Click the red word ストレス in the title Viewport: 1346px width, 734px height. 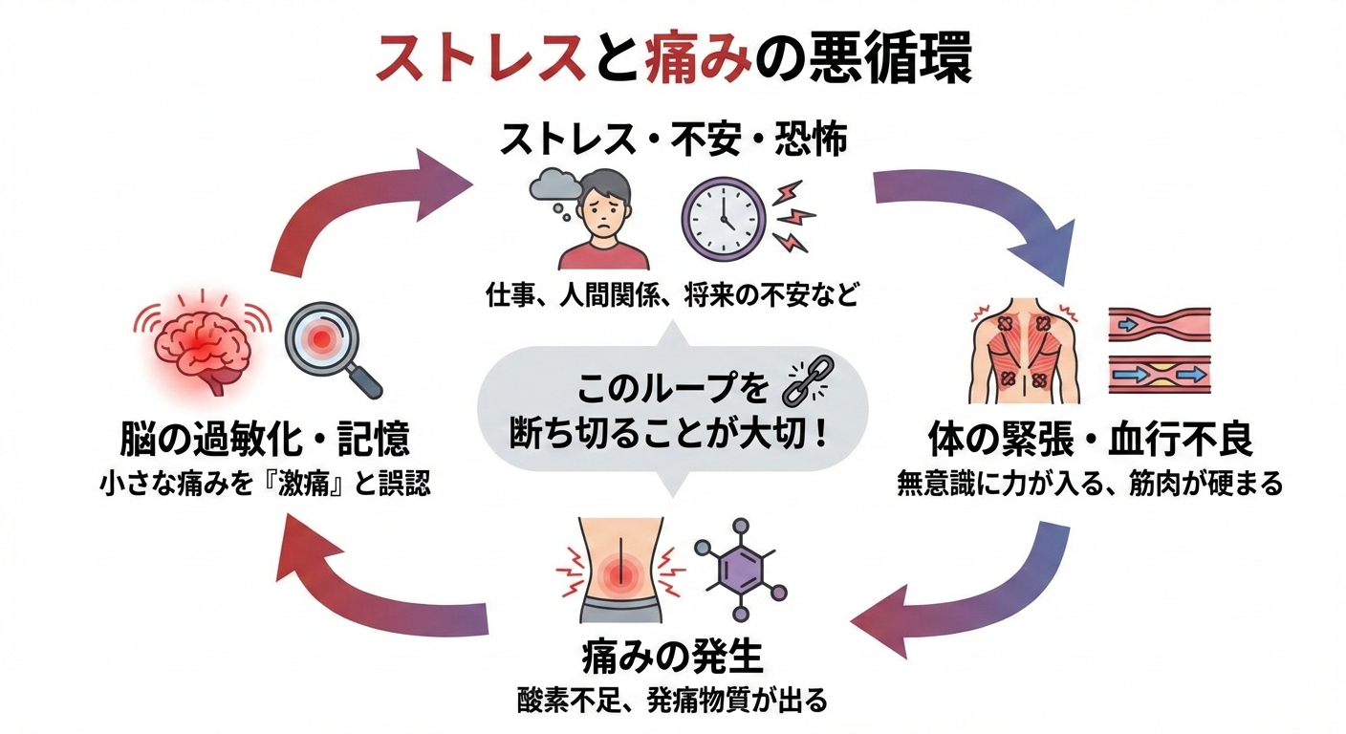pyautogui.click(x=481, y=61)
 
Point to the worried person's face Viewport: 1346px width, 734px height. pyautogui.click(x=603, y=208)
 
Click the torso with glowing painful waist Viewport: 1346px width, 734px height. pyautogui.click(x=620, y=570)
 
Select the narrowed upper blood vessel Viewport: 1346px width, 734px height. pyautogui.click(x=1160, y=325)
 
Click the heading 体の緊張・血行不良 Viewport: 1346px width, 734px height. pyautogui.click(x=1090, y=443)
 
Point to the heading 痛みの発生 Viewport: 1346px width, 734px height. pyautogui.click(x=673, y=658)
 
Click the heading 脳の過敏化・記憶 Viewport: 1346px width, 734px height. pyautogui.click(x=266, y=443)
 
